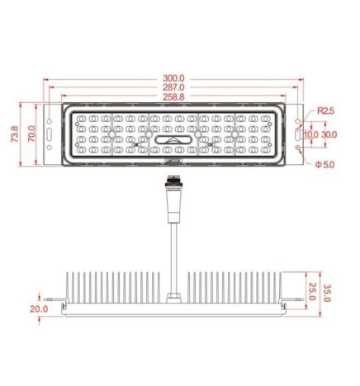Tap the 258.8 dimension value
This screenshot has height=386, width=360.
(x=173, y=97)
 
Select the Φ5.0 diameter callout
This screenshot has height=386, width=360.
(x=324, y=163)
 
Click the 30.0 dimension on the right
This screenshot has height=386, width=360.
(x=329, y=134)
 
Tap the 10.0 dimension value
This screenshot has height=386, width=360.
(x=310, y=134)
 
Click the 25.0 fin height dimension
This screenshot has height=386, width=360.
(x=313, y=290)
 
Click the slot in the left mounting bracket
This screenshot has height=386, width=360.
(x=51, y=134)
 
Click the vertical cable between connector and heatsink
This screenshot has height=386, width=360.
(x=173, y=256)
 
